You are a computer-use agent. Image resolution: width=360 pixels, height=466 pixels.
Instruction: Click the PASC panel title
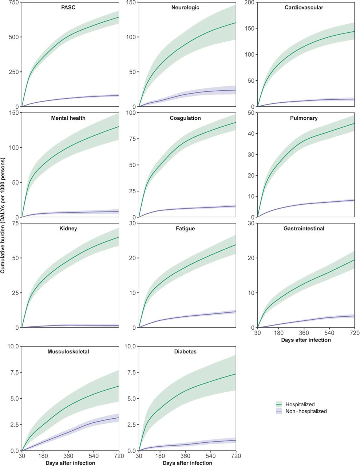point(68,8)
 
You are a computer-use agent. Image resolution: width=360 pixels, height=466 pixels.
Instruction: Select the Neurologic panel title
point(185,8)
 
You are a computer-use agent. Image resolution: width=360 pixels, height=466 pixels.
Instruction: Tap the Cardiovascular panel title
point(304,8)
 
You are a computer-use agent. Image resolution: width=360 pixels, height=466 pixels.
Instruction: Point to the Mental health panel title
point(68,118)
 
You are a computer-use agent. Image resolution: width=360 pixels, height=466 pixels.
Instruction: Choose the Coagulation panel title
point(185,118)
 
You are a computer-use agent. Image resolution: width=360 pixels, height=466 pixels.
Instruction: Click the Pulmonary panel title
point(304,118)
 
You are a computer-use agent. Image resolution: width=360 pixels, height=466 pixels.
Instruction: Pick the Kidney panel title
point(68,229)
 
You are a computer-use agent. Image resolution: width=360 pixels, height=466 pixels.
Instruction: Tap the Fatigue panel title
point(185,229)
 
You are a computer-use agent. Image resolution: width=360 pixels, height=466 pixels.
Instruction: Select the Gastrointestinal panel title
point(304,229)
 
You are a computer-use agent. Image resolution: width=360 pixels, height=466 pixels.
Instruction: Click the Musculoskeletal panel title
point(68,352)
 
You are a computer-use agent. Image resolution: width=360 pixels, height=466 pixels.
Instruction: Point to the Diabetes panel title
point(185,352)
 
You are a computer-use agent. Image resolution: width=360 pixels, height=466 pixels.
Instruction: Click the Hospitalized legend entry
point(300,404)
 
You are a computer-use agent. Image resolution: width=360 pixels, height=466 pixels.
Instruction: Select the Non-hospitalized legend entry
point(306,411)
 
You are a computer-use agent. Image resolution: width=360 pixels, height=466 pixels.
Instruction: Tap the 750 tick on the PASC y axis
point(14,2)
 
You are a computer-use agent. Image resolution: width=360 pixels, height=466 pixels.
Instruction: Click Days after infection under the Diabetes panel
point(187,463)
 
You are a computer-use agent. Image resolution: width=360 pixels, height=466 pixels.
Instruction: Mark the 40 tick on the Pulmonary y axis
point(251,134)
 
